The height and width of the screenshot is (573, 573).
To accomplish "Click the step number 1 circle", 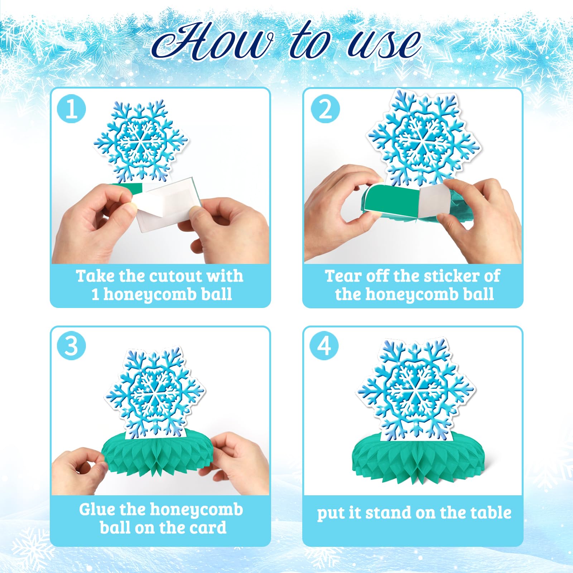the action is tap(71, 109).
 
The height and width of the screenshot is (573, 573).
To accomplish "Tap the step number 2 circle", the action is tap(325, 109).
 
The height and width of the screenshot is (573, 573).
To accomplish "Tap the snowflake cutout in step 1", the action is tap(140, 141).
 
